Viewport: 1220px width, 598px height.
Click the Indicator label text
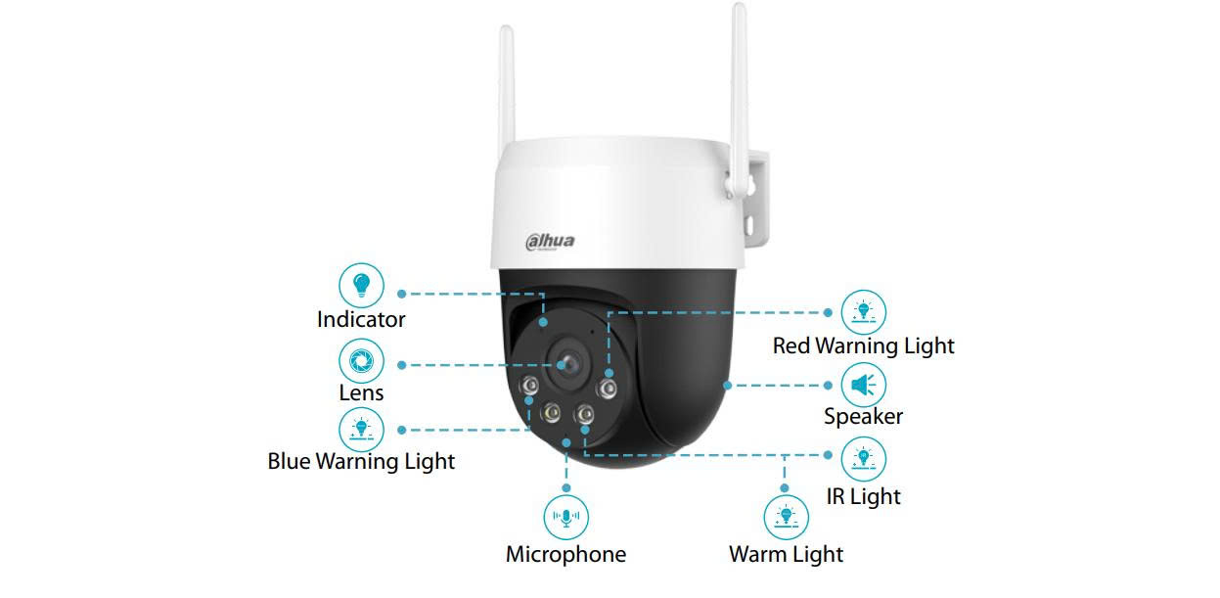(361, 319)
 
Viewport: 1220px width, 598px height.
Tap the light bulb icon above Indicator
(362, 285)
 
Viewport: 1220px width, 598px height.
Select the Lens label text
(361, 392)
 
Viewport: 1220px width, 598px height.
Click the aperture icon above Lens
(362, 360)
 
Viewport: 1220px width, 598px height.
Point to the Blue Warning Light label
(361, 460)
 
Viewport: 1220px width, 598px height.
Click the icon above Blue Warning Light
(362, 428)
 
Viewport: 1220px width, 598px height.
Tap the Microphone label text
(565, 554)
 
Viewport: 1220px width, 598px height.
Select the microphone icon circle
(566, 518)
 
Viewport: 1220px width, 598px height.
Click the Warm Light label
(786, 554)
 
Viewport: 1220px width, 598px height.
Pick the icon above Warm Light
(786, 517)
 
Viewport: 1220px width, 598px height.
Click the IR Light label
(863, 496)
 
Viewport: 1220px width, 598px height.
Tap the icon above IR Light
(863, 457)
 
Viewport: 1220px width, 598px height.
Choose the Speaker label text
(863, 416)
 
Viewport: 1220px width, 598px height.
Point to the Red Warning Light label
(863, 345)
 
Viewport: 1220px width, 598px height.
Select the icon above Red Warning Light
(863, 312)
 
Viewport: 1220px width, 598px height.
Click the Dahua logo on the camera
(551, 241)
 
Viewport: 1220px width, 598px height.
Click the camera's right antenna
(739, 88)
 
